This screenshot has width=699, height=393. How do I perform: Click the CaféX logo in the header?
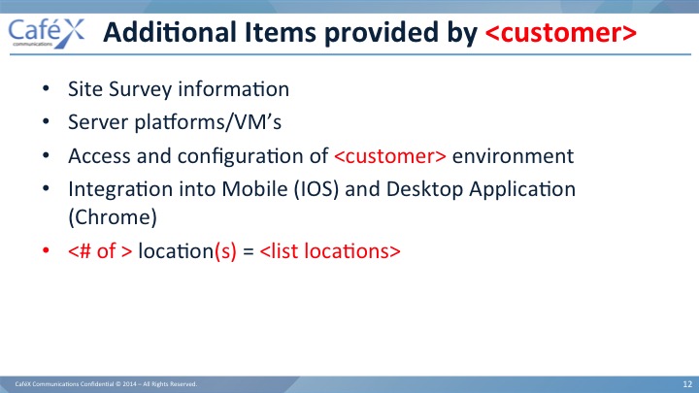click(x=47, y=33)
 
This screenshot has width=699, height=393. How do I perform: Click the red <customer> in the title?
click(x=561, y=33)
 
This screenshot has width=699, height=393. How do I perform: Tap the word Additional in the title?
click(x=170, y=32)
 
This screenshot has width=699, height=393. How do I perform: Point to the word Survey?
click(x=141, y=89)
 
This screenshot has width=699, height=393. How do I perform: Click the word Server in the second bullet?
click(x=98, y=121)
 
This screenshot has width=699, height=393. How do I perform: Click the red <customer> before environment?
click(x=390, y=156)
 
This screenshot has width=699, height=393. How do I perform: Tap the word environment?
click(x=514, y=156)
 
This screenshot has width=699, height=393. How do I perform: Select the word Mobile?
click(x=254, y=189)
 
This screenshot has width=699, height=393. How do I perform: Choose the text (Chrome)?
click(x=113, y=217)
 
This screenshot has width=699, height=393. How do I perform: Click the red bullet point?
click(x=46, y=250)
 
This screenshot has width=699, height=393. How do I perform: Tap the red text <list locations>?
click(x=330, y=251)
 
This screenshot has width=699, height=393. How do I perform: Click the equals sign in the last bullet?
click(x=249, y=251)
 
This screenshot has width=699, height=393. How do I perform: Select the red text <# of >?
click(x=100, y=251)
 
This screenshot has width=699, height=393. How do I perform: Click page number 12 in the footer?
click(x=687, y=384)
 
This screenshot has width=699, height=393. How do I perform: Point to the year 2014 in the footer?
click(x=129, y=384)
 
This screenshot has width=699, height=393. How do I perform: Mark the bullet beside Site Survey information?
click(x=46, y=88)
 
